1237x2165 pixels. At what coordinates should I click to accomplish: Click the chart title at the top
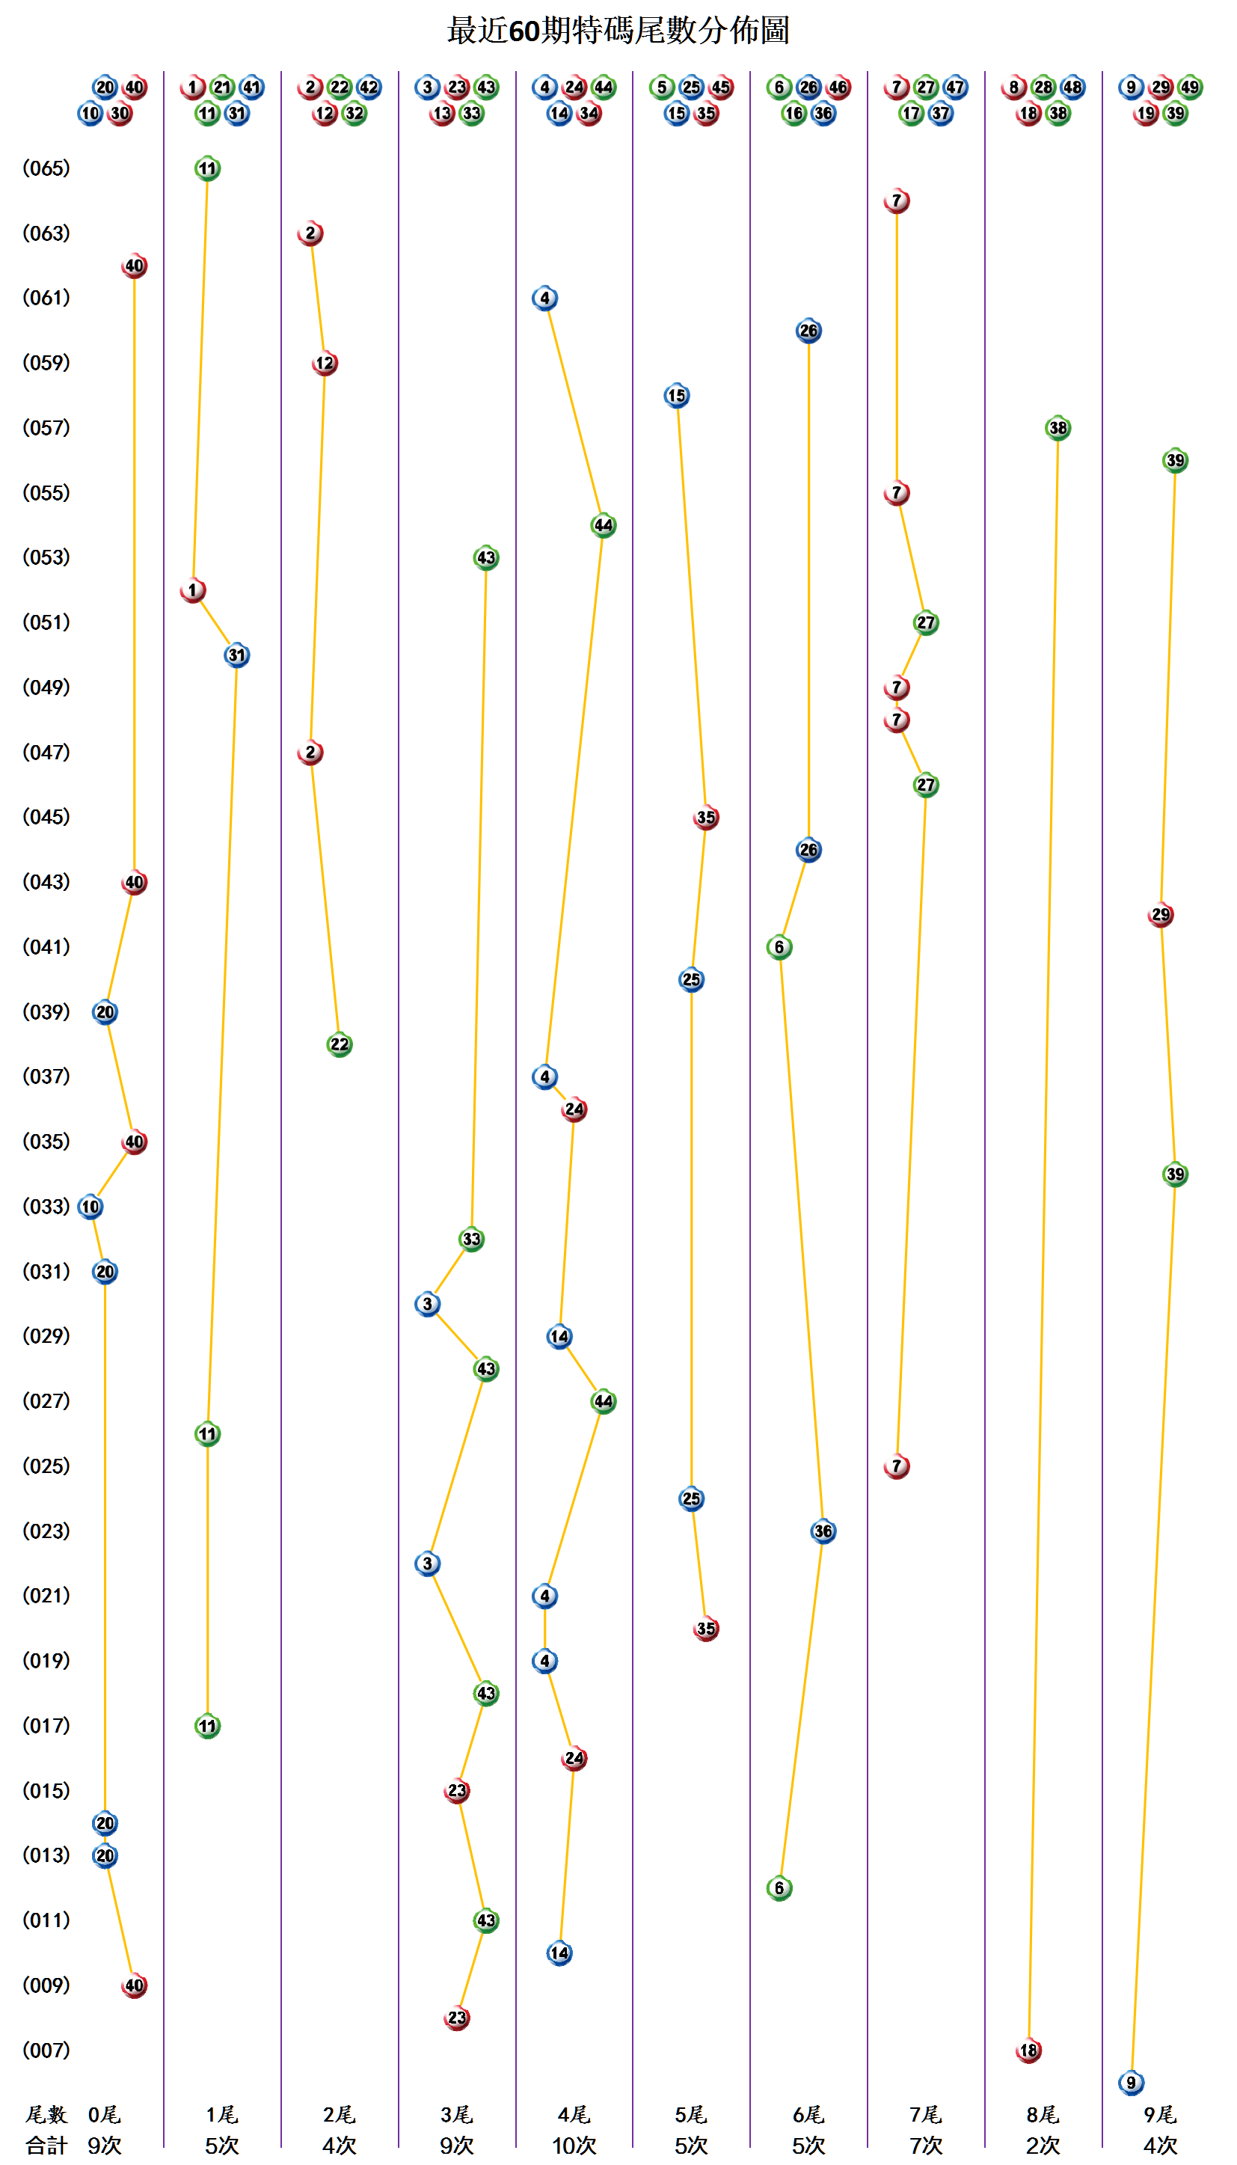[618, 31]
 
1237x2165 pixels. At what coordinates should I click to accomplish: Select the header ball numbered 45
[720, 87]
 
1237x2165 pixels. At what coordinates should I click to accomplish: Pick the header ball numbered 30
[120, 113]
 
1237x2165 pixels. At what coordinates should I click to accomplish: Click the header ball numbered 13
[442, 113]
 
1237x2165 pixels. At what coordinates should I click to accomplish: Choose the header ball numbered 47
[955, 87]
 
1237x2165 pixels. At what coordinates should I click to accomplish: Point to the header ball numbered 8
[1013, 87]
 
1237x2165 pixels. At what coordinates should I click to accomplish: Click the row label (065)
[46, 168]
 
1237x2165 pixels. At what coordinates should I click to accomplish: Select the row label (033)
[46, 1207]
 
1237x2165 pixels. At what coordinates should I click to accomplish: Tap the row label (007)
[46, 2051]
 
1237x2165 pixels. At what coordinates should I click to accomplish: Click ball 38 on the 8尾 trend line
[1058, 428]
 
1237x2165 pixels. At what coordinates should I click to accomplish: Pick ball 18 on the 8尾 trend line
[1029, 2051]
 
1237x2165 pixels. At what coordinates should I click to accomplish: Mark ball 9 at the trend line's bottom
[1131, 2083]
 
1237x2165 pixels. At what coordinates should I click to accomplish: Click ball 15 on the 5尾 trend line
[676, 396]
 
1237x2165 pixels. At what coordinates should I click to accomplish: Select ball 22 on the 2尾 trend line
[339, 1044]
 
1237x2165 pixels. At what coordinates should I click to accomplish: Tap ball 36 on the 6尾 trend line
[823, 1531]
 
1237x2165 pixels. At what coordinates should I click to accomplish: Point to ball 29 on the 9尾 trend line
[1161, 915]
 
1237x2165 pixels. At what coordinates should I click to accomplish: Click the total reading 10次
[574, 2146]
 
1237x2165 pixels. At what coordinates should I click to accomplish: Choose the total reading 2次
[1043, 2146]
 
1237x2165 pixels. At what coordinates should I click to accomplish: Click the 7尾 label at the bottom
[925, 2114]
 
